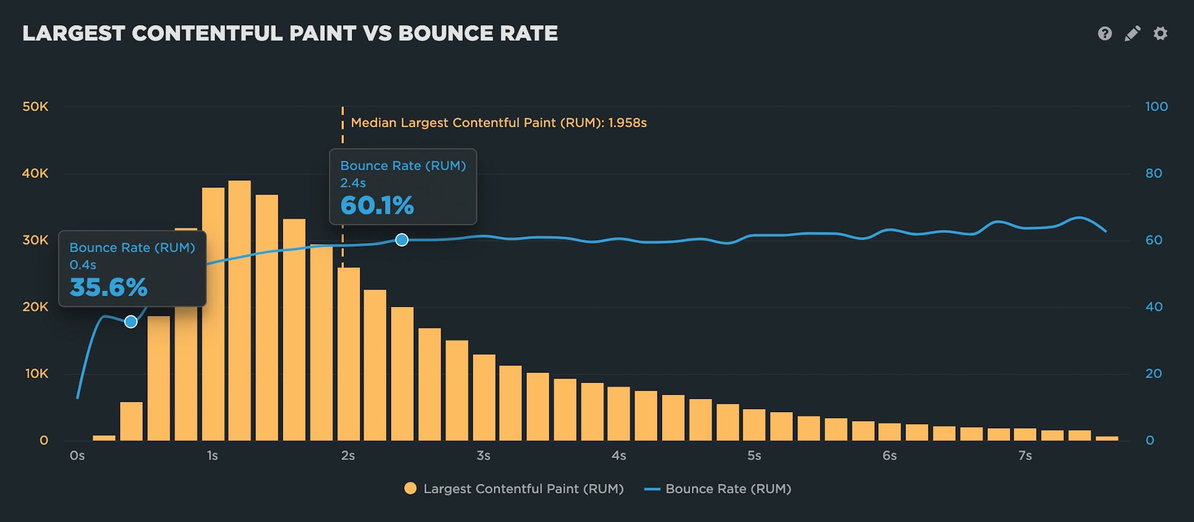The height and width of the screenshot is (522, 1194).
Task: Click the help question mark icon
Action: click(1104, 33)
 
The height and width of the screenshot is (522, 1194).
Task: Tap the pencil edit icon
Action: click(1133, 33)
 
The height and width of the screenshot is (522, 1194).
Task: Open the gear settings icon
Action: click(1160, 33)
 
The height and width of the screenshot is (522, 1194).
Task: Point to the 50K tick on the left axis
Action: click(35, 107)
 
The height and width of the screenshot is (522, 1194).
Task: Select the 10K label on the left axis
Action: click(36, 374)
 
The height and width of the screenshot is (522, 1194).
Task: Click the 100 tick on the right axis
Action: click(1156, 107)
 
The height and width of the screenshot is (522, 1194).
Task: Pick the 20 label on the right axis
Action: click(1153, 374)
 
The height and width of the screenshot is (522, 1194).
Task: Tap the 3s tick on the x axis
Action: click(483, 456)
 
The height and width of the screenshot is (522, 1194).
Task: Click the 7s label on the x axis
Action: click(1024, 456)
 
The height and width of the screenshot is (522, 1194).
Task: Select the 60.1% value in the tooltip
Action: click(377, 205)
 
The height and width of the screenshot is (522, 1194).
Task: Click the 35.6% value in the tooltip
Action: click(108, 287)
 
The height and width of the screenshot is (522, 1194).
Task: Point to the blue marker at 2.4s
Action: click(402, 240)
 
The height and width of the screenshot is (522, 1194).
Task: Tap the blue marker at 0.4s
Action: click(131, 322)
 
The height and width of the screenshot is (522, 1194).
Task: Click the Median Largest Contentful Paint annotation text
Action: click(498, 123)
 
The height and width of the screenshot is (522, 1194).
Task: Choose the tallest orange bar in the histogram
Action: click(239, 311)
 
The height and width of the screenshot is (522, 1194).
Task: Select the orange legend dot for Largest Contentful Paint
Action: click(410, 489)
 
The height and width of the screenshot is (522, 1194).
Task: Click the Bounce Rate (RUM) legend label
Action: click(728, 489)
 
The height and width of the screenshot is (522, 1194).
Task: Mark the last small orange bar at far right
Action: click(1107, 438)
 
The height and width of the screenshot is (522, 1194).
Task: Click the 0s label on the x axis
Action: click(77, 456)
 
